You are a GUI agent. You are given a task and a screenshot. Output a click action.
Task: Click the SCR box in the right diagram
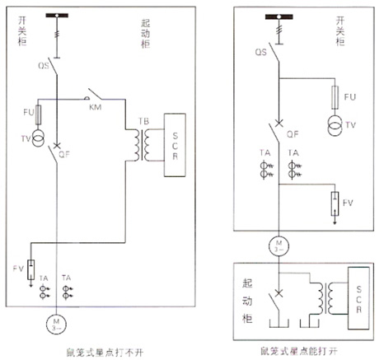click(357, 294)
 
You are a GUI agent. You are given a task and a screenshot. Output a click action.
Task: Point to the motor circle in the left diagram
click(56, 320)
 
